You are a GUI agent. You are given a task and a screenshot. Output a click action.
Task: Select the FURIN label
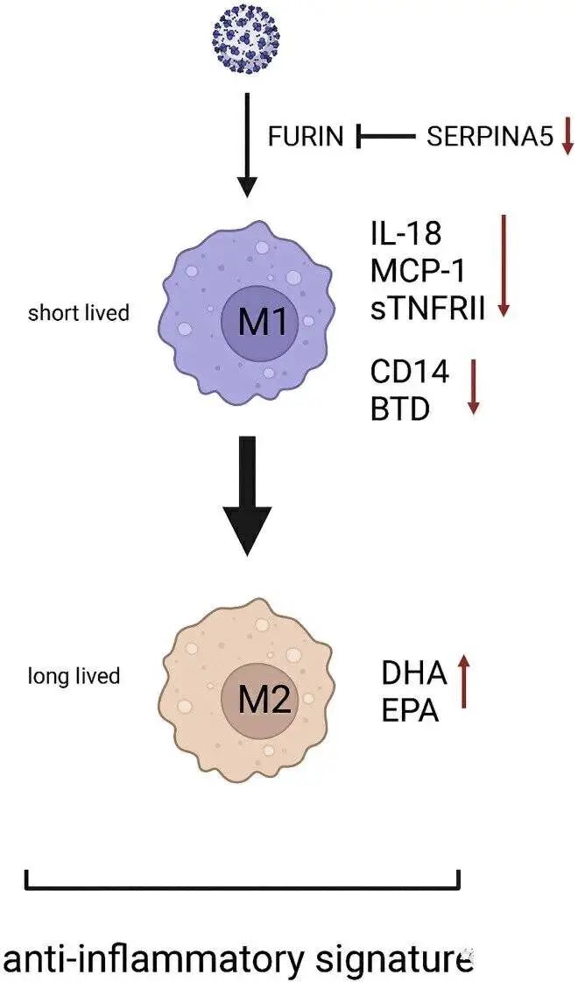pos(306,136)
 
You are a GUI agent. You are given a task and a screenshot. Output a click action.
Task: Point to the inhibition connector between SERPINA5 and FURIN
pos(386,136)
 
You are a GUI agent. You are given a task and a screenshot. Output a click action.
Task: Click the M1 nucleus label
pos(264,323)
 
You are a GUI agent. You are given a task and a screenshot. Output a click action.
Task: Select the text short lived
pos(78,312)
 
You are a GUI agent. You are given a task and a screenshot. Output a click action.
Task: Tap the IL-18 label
pos(406,234)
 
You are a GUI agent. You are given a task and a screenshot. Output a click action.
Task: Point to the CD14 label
pos(409,372)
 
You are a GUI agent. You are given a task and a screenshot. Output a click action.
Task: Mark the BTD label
pos(400,408)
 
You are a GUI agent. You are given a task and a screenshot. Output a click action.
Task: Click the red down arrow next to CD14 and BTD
pos(473,386)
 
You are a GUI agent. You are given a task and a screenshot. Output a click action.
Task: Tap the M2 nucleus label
pos(264,701)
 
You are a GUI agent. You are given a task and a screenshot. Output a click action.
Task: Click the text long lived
pos(74,676)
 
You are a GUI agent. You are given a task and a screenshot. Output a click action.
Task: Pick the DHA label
pos(414,673)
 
